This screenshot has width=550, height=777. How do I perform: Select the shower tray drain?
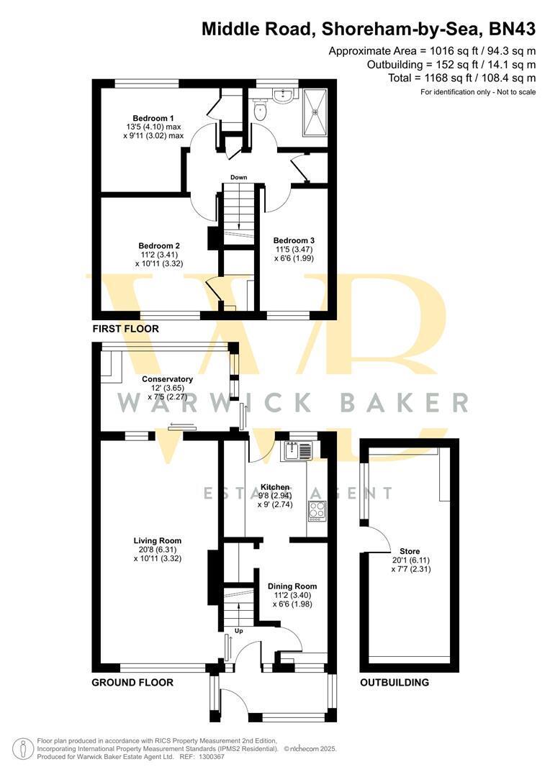point(315,112)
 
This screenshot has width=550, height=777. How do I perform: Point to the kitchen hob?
point(317,512)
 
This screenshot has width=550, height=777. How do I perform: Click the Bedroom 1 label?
point(153,118)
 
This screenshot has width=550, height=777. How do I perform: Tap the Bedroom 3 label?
point(294,240)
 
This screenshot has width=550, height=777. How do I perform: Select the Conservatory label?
point(167,379)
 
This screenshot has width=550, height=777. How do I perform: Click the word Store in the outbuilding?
point(410,551)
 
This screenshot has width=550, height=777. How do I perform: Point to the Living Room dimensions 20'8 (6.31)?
point(157,550)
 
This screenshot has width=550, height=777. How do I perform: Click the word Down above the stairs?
point(238,178)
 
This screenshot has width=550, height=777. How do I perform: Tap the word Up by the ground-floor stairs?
point(238,631)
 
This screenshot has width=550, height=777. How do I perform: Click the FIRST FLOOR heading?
point(126,329)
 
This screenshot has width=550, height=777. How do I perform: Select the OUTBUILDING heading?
point(395,682)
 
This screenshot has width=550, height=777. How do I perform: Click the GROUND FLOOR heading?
point(132,682)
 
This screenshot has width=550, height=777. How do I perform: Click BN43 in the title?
point(513,29)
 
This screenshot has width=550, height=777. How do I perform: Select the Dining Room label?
point(292,586)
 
